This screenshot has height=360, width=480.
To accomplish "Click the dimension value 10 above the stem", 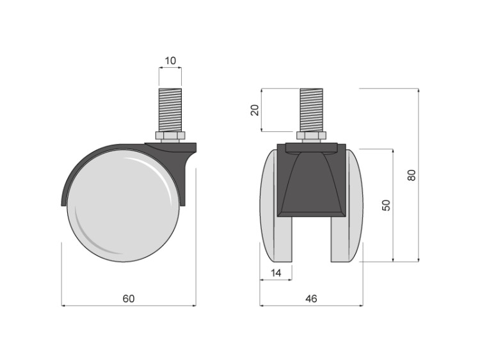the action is pos(170,61).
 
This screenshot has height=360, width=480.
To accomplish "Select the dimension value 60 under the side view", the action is pos(129,299).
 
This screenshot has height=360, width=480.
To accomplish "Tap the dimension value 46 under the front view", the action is pos(311,299).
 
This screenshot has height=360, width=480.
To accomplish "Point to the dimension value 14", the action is pos(276,273).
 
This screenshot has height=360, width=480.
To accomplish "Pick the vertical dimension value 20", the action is pos(255,110).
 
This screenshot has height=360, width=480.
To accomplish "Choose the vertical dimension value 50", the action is pos(387,205).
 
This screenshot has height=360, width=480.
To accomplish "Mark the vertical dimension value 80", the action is pos(412,175).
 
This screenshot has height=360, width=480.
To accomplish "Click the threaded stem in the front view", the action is pos(311,110).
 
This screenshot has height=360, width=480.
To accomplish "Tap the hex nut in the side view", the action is pos(170,136).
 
